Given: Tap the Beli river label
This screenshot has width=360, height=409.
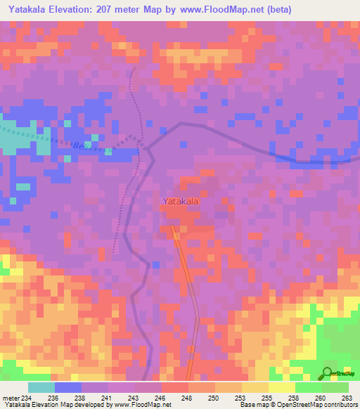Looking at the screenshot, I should pos(80,145).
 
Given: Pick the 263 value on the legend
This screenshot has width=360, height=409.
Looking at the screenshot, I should pos(347,398).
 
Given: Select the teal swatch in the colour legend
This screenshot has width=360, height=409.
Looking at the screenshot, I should pos(41,387).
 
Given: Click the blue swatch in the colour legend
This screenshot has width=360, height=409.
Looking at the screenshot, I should pos(68,387).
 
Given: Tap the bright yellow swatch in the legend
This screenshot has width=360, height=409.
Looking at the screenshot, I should pos(282,387).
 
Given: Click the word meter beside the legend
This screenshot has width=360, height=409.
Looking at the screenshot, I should pos(11,398).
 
